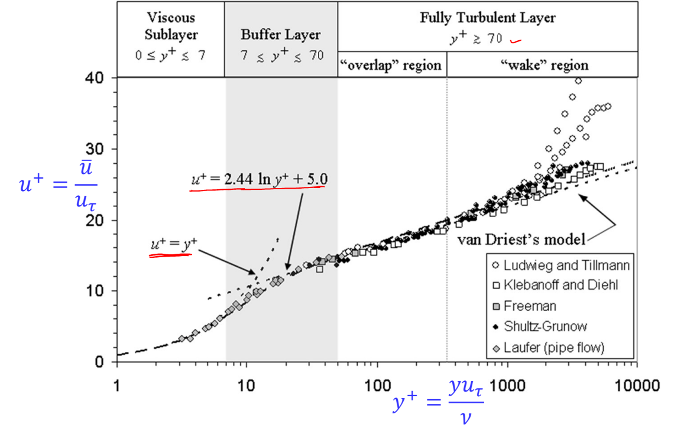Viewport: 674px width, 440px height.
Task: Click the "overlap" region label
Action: coord(391,65)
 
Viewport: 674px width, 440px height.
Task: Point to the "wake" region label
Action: coord(542,65)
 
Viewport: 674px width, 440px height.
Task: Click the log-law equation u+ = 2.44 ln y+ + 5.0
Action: coord(259,178)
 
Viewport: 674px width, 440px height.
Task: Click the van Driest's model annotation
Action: coord(521,240)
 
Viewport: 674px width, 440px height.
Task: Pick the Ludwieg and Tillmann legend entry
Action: coord(562,266)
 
